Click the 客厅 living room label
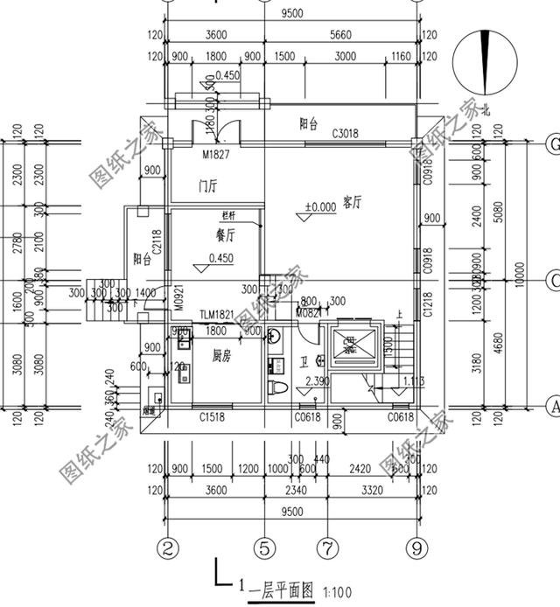(x=353, y=203)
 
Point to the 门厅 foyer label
(x=207, y=186)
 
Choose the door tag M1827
(x=215, y=155)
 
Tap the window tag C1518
(x=213, y=418)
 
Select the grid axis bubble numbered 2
(x=170, y=548)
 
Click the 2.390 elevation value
(x=319, y=381)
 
